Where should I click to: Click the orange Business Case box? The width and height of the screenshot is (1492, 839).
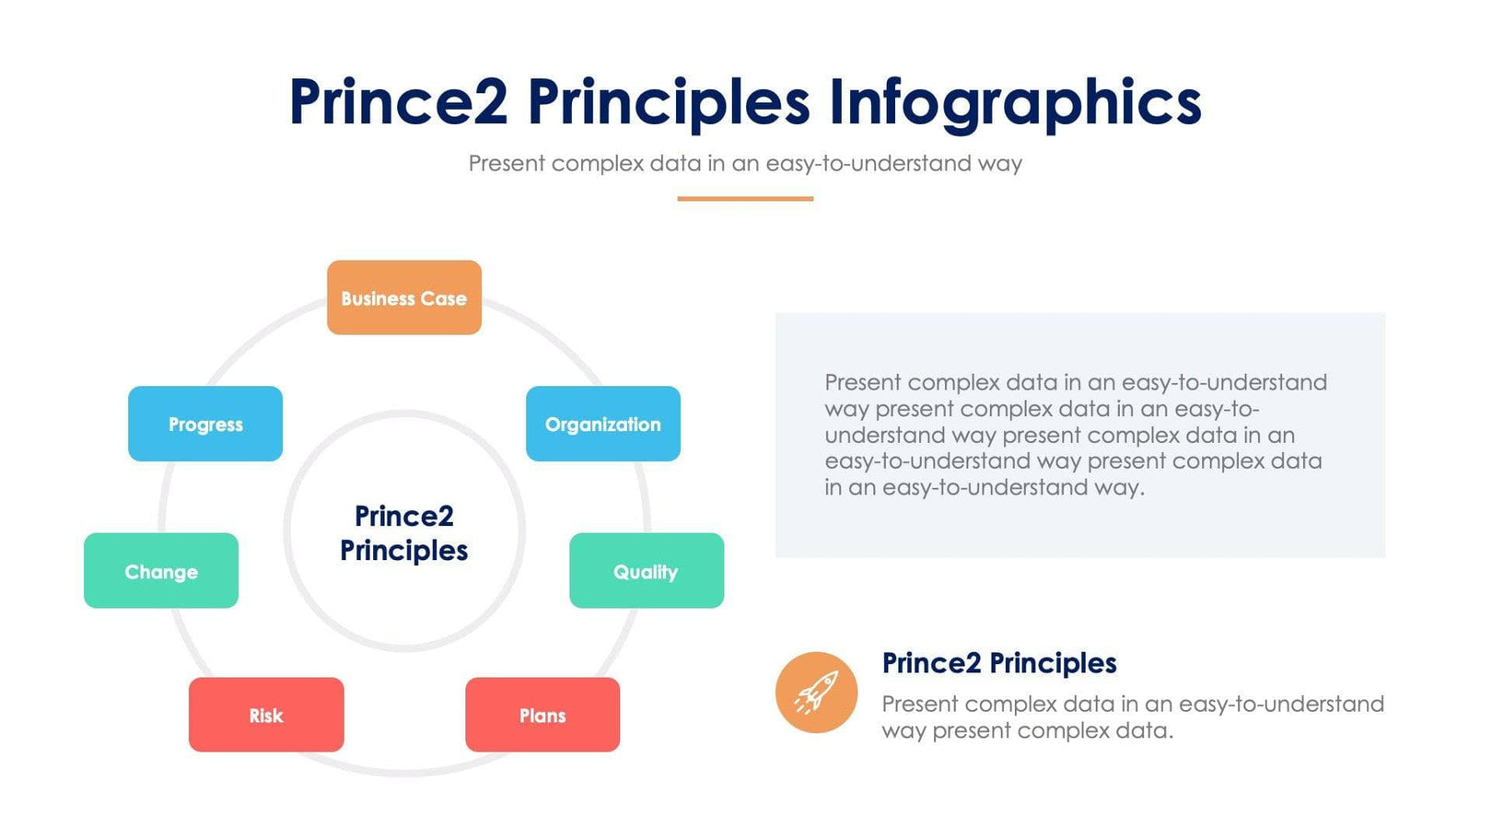pos(403,297)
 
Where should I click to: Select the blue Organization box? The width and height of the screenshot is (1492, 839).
pos(602,424)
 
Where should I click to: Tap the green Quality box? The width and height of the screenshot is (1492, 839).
pos(646,571)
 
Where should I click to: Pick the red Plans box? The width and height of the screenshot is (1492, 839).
pos(542,715)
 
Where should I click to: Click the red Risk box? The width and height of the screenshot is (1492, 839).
pos(266,715)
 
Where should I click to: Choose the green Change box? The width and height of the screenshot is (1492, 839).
pos(161,571)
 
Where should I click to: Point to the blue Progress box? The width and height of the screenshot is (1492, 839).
pos(205,424)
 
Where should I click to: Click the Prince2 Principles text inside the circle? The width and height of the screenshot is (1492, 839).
pos(403,532)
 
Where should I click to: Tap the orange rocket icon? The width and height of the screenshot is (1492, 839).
pos(816,693)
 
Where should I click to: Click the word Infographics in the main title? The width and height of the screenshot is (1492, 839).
pos(1015,101)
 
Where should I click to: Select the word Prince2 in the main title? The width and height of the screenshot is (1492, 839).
pos(398,101)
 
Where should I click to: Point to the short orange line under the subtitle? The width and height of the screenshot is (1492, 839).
pos(744,198)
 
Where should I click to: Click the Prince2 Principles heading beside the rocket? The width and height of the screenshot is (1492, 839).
pos(998,662)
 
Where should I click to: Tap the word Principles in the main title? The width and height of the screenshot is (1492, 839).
pos(668,101)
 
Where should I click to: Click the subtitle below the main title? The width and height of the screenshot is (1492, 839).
pos(744,163)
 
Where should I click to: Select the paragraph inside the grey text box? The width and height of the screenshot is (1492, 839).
pos(1076,434)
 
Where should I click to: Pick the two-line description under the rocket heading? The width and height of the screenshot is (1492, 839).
pos(1132,717)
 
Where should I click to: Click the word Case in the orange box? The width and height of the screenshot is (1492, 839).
pos(444,298)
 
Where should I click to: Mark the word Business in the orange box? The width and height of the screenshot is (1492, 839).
pos(378,298)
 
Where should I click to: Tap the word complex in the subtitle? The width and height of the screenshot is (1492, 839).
pos(598,163)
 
